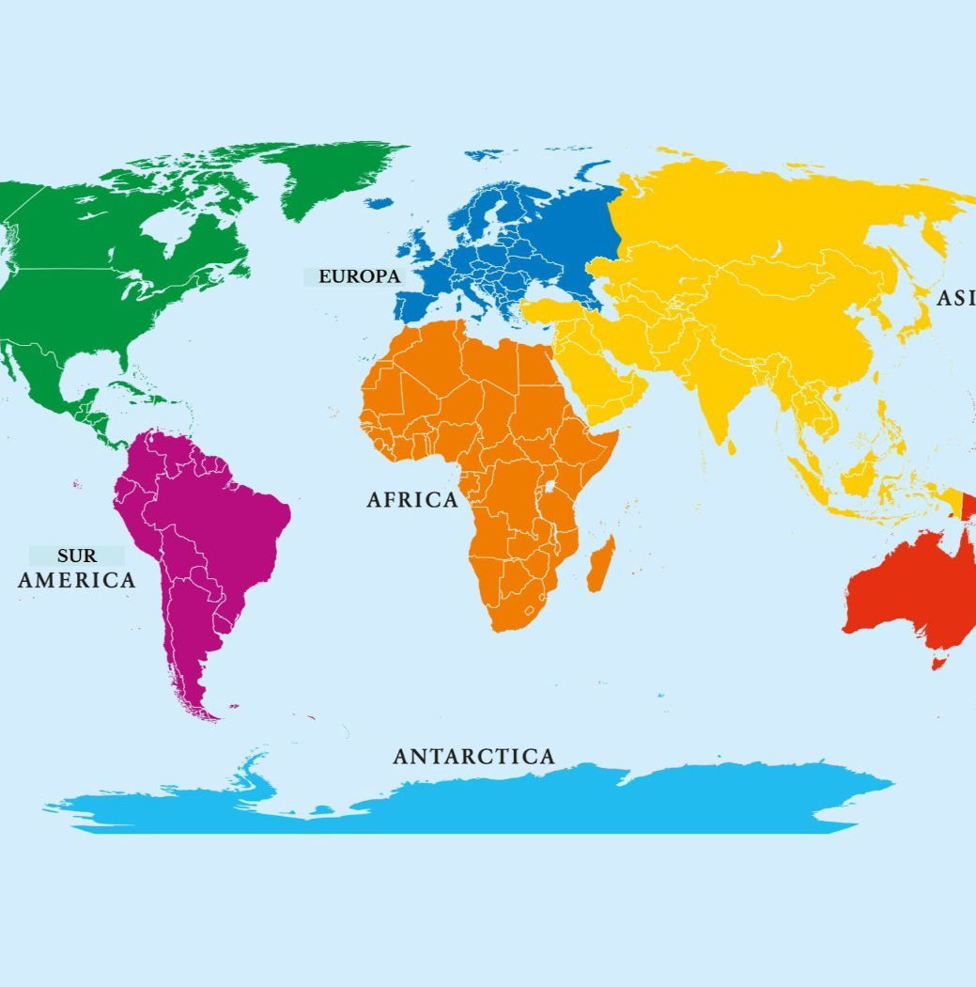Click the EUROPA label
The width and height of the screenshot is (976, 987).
pyautogui.click(x=359, y=276)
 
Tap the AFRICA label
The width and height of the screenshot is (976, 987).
pyautogui.click(x=412, y=500)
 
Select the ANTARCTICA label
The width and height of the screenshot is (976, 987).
pyautogui.click(x=473, y=756)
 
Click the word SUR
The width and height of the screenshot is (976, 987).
pyautogui.click(x=76, y=556)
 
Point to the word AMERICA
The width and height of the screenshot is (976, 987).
pyautogui.click(x=77, y=580)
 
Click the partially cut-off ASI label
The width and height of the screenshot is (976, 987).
pyautogui.click(x=956, y=298)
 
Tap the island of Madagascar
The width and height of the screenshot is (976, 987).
pyautogui.click(x=599, y=564)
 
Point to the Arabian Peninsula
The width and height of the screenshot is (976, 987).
pyautogui.click(x=601, y=376)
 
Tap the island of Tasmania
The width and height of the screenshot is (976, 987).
pyautogui.click(x=937, y=662)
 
